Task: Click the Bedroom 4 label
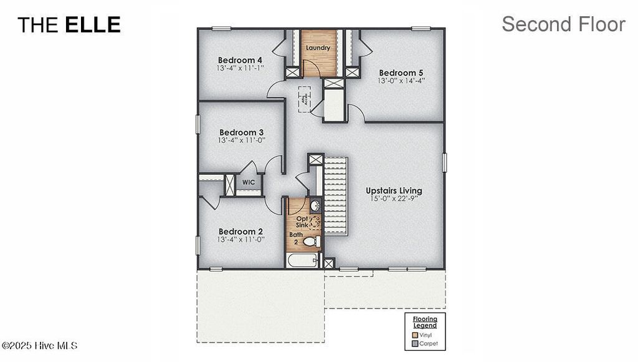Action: click(x=240, y=60)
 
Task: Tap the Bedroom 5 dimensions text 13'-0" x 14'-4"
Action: click(x=401, y=81)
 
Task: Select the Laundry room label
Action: click(x=317, y=47)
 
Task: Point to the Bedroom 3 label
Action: click(x=242, y=132)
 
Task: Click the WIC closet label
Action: click(x=249, y=183)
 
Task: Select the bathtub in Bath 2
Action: click(x=303, y=260)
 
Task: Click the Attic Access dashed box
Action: click(x=303, y=99)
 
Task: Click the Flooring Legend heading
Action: click(x=425, y=322)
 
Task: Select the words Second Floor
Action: click(x=563, y=24)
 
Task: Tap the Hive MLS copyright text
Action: click(x=39, y=345)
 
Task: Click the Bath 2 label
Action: click(x=295, y=238)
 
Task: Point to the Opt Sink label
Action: click(x=303, y=222)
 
